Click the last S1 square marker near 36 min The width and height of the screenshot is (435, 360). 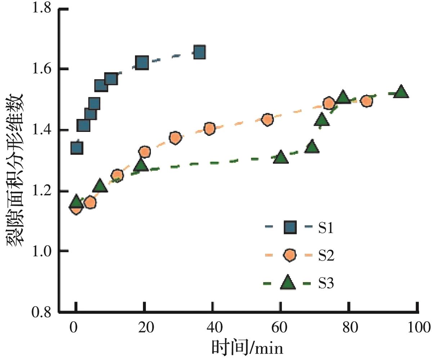tap(199, 53)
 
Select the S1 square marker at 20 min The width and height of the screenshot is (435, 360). tap(142, 63)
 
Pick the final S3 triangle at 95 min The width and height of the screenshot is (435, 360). tap(401, 93)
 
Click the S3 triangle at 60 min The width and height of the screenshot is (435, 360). tap(281, 158)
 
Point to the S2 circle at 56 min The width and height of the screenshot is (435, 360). tap(267, 120)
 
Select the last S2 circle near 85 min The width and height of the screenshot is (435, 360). tap(366, 101)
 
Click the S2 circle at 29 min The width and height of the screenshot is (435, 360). tap(175, 138)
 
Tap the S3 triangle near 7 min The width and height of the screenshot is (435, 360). tap(100, 186)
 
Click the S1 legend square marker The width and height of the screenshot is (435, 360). tap(290, 228)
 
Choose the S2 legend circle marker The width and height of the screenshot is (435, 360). tap(290, 256)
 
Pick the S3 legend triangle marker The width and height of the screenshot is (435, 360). tap(288, 283)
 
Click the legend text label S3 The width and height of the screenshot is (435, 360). tap(326, 284)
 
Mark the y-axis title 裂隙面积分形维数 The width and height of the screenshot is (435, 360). tap(15, 169)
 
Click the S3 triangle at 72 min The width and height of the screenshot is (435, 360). tap(322, 119)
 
